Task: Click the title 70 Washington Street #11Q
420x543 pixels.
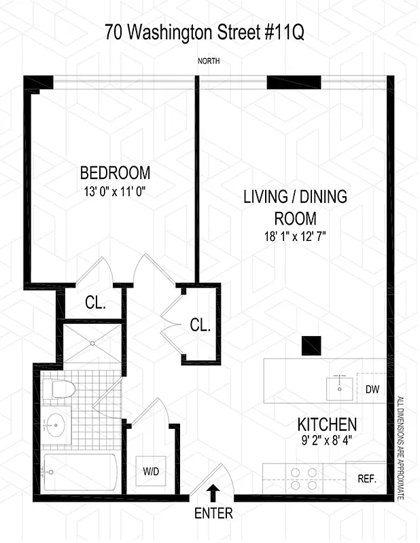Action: point(209,32)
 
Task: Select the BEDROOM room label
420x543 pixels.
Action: point(115,172)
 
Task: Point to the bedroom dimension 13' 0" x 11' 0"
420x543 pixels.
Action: point(111,191)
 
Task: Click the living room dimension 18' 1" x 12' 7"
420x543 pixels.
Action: point(295,237)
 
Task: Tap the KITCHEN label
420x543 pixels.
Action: point(327,426)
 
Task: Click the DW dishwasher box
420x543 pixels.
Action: point(371,390)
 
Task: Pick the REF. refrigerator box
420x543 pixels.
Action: point(367,479)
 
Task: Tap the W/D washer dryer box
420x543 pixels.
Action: point(151,471)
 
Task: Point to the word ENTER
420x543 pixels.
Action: point(213,514)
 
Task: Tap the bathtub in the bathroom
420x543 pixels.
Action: point(80,472)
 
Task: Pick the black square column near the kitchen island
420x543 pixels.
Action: point(312,345)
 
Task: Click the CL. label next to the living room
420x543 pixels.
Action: point(200,325)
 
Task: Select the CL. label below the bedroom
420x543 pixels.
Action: point(95,303)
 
